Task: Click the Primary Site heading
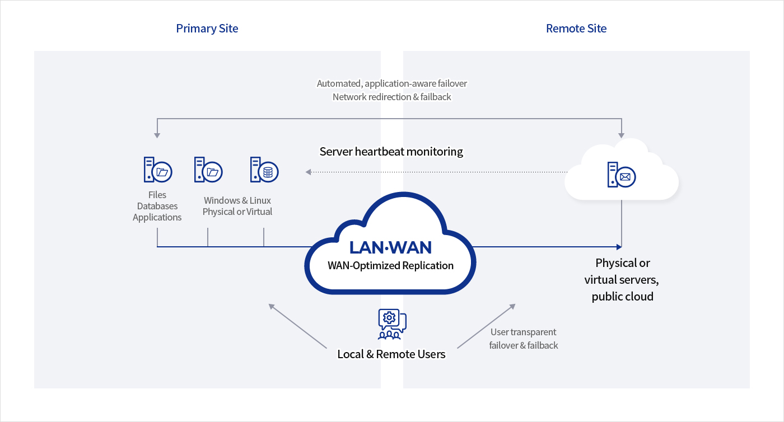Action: pos(207,29)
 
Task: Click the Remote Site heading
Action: pos(576,29)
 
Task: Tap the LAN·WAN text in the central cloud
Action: pos(390,247)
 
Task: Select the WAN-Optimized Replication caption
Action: pos(390,265)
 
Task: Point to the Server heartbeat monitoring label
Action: pos(391,151)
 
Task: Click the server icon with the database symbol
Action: pos(264,170)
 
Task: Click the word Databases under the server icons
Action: pos(157,206)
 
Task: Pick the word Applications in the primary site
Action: pos(157,217)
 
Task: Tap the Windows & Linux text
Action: pos(237,200)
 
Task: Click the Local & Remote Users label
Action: pos(391,354)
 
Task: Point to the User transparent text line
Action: pos(523,332)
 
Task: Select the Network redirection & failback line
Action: pos(391,97)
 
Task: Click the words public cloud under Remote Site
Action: pos(622,297)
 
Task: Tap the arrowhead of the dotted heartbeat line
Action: pos(308,172)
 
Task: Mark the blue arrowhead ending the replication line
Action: pos(619,246)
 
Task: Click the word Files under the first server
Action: pos(157,195)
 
